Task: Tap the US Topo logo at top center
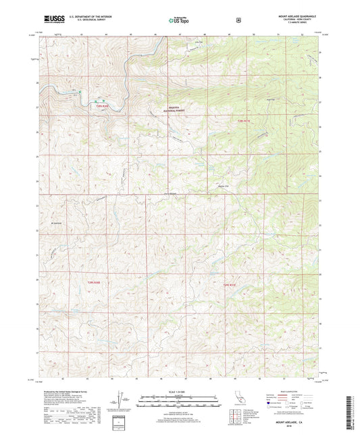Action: click(179, 20)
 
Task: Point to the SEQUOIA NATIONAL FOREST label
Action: click(176, 110)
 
